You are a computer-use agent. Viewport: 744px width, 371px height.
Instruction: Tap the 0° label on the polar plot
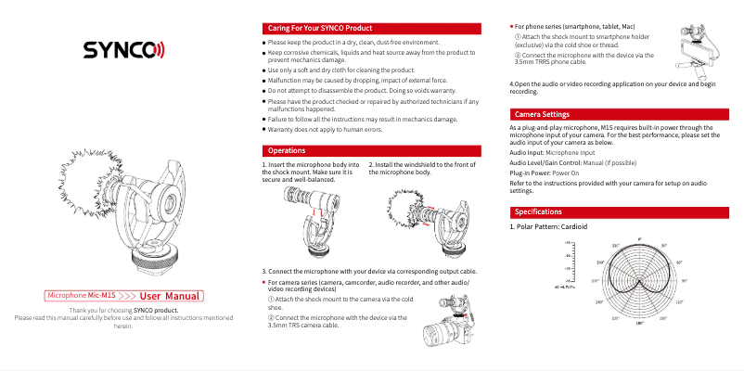coord(639,240)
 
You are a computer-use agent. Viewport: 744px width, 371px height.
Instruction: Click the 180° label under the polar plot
coord(639,322)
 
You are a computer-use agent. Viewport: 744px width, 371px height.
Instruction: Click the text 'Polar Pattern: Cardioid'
coord(553,227)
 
